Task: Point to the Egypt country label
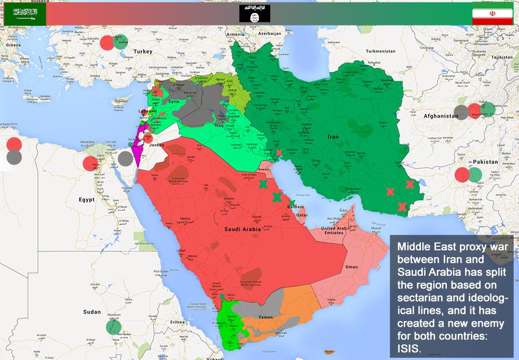tap(86, 199)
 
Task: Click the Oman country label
tap(351, 266)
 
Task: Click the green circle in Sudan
tap(113, 327)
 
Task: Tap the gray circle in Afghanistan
tap(460, 112)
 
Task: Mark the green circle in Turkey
tap(120, 42)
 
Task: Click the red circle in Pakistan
tap(462, 175)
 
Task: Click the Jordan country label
tap(157, 145)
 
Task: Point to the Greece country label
tap(13, 45)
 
